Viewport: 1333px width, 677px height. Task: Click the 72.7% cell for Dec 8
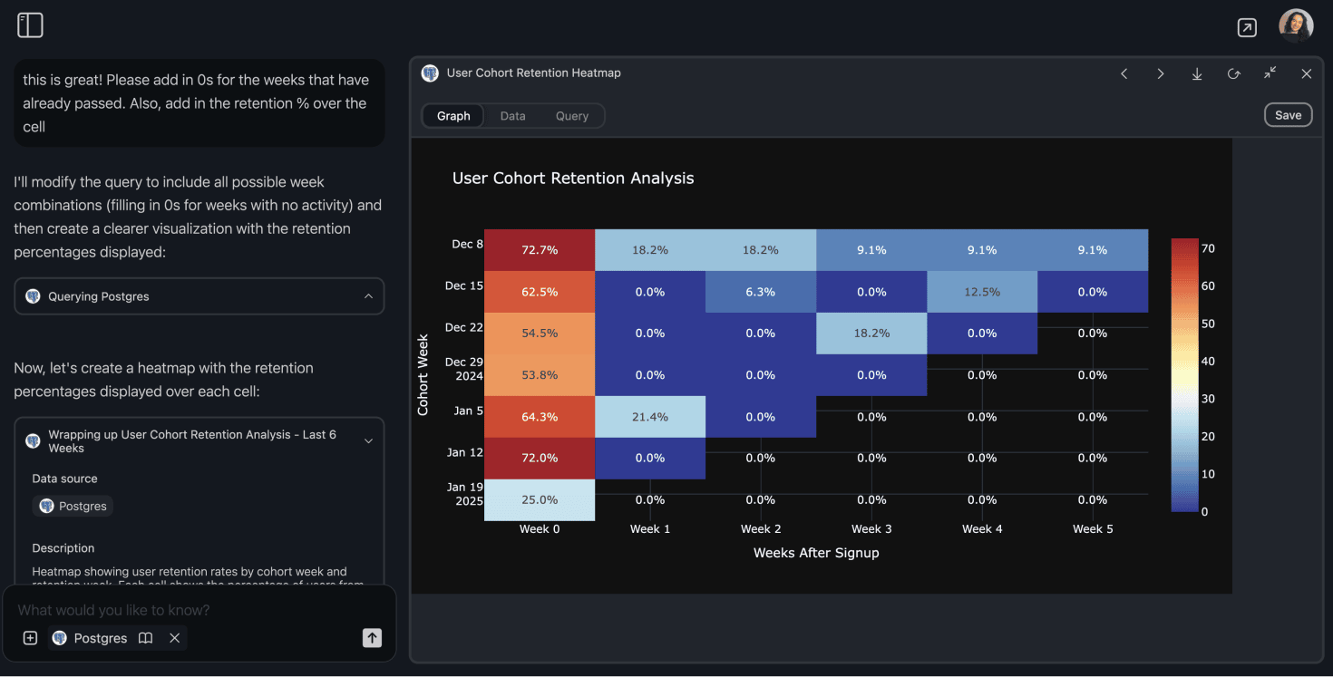[x=540, y=250]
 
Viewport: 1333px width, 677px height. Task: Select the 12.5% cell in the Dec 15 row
[x=982, y=292]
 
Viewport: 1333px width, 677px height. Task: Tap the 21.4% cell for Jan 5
[x=650, y=417]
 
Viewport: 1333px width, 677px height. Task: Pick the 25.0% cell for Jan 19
[x=540, y=499]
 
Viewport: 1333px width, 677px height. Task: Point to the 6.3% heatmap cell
[x=761, y=292]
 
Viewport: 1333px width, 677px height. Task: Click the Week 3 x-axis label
[x=871, y=528]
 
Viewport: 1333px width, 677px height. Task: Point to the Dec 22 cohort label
[x=463, y=327]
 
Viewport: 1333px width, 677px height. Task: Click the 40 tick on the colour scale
[x=1208, y=362]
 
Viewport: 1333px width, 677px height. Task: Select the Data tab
[x=512, y=116]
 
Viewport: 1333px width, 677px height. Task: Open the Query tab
[x=572, y=116]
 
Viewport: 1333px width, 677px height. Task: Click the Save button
[x=1288, y=115]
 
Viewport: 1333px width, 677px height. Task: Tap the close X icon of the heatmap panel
[x=1306, y=73]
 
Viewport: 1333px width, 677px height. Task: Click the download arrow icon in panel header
[x=1197, y=73]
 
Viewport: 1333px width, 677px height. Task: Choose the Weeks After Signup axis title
[x=816, y=552]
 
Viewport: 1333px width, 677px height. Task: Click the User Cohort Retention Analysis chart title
[x=573, y=179]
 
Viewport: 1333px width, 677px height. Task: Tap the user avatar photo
[x=1296, y=26]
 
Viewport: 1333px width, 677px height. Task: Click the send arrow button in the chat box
[x=372, y=638]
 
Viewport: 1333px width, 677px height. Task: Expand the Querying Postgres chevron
[x=368, y=296]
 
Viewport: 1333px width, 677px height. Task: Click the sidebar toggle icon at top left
[x=30, y=25]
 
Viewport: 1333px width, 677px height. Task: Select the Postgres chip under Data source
[x=73, y=506]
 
